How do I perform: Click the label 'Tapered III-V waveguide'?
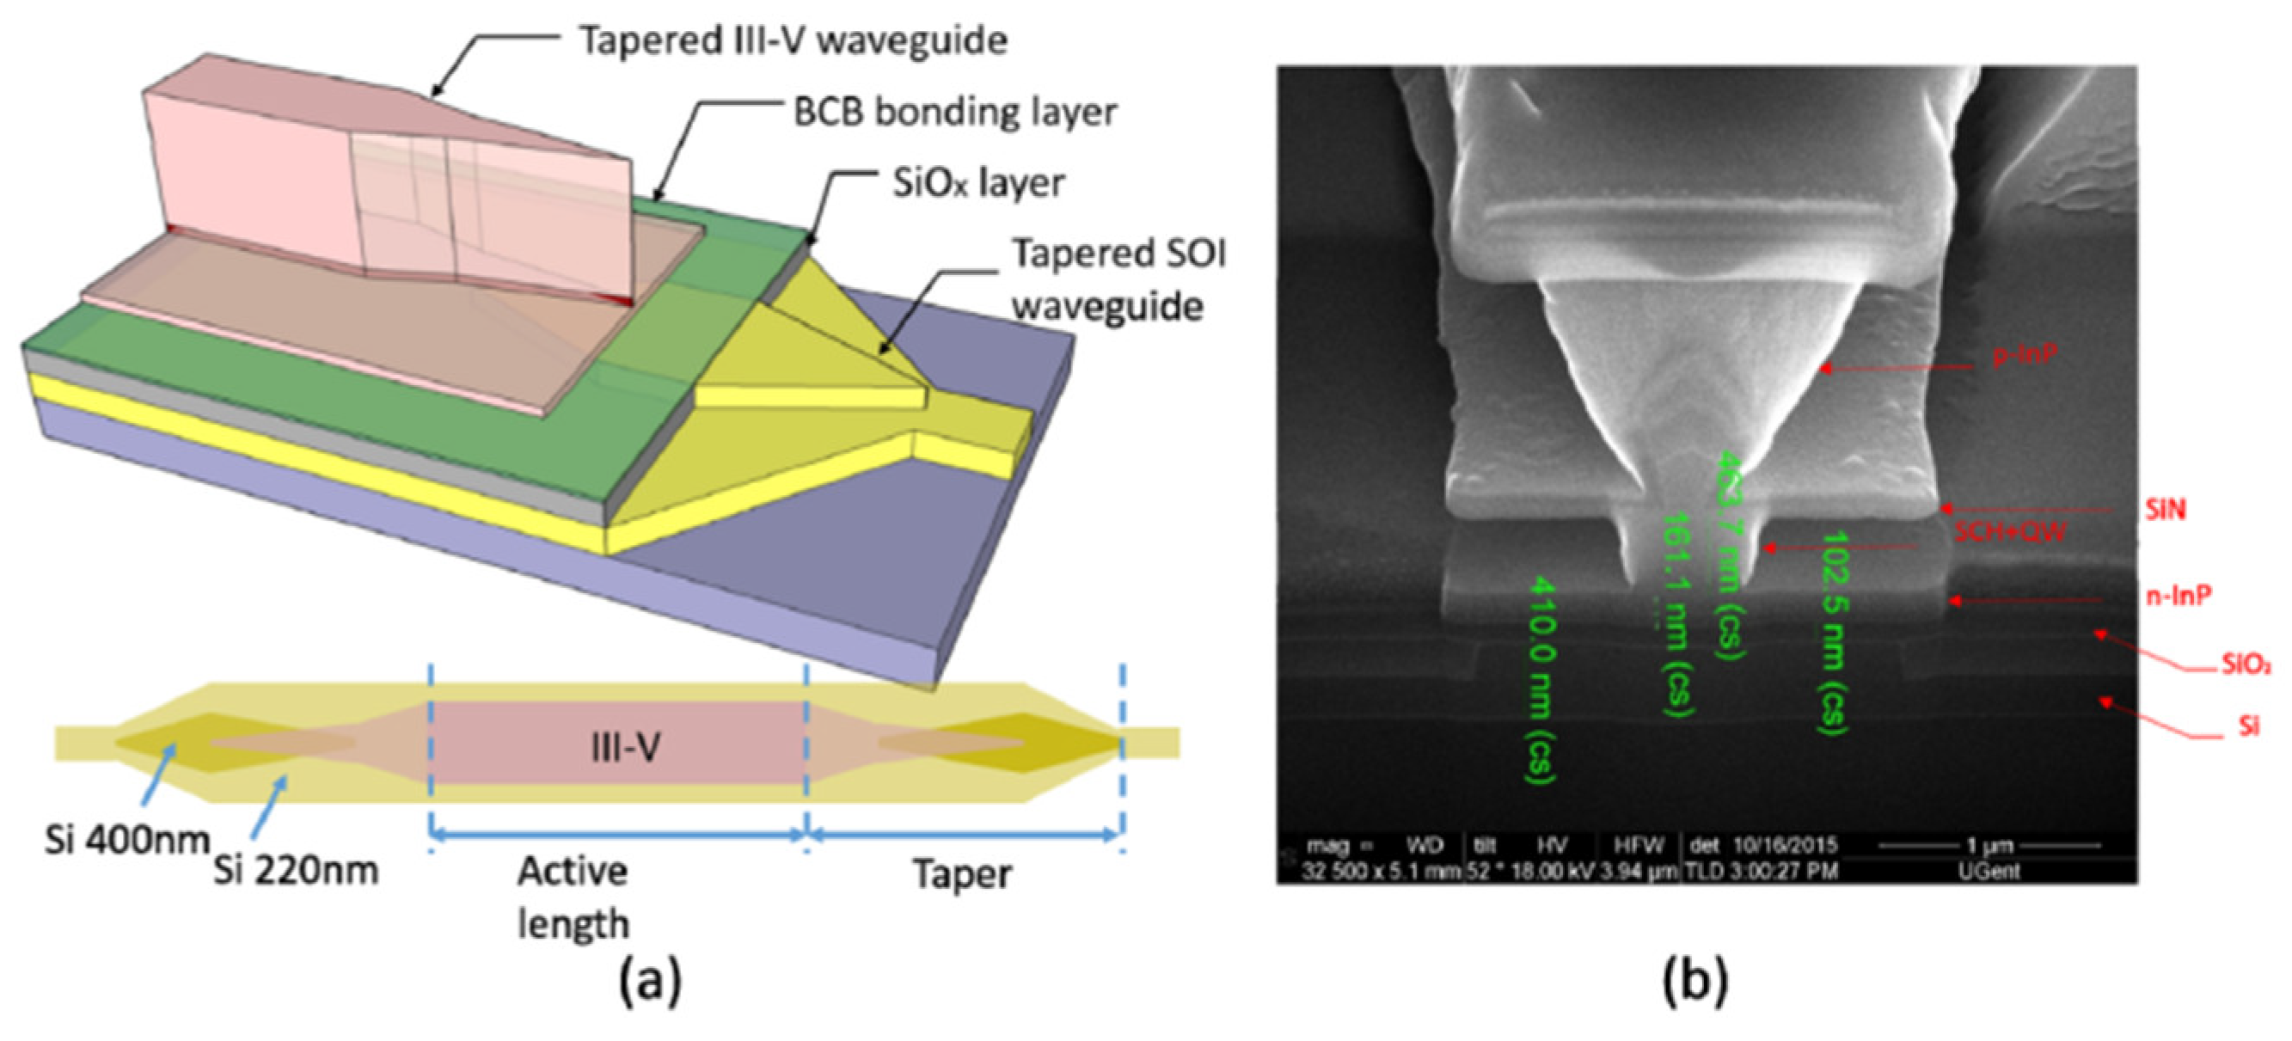pos(793,41)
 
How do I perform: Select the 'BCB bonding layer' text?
pos(954,113)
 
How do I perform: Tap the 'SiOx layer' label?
pos(977,183)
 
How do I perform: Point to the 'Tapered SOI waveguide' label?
pos(1118,279)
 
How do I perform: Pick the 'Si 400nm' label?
pos(126,839)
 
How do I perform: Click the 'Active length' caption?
pos(573,897)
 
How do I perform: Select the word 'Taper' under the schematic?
pos(962,874)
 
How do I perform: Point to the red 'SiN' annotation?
pos(2165,510)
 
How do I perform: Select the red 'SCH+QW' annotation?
pos(2010,532)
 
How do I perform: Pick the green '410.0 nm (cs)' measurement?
pos(1542,681)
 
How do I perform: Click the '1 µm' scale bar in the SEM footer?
pos(1991,844)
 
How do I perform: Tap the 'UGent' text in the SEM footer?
pos(1989,871)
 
